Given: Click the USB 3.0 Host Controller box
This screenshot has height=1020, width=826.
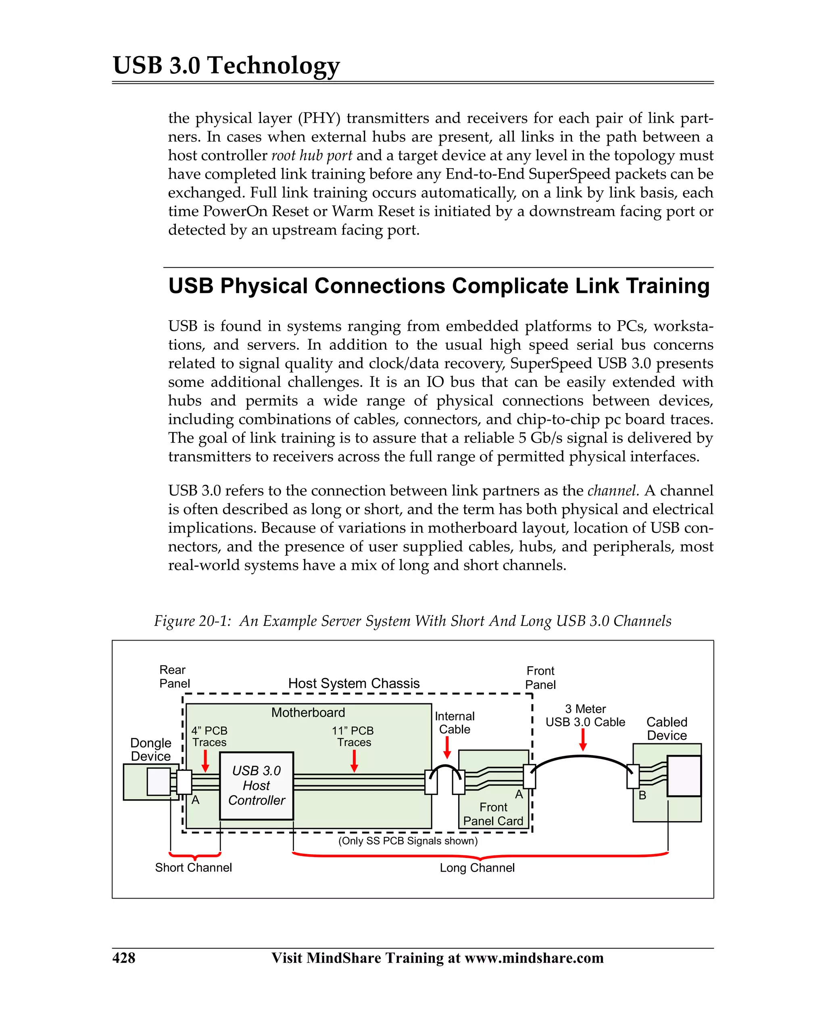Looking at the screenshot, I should [x=257, y=785].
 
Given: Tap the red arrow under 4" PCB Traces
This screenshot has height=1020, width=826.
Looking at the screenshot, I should [x=206, y=761].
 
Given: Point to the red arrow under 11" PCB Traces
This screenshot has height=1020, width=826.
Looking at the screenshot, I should [x=354, y=761].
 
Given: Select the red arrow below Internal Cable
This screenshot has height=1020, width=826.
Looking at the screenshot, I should [x=447, y=747].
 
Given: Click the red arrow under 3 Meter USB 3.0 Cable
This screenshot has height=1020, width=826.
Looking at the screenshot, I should [x=583, y=740].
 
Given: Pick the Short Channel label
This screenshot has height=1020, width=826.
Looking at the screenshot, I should [x=193, y=867].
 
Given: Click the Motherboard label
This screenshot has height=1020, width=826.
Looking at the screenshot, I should [x=308, y=712].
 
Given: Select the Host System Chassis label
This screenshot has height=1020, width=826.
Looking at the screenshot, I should [x=354, y=683].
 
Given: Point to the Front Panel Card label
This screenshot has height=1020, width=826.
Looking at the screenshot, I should [x=493, y=814].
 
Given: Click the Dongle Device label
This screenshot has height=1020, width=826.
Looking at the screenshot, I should [x=150, y=749].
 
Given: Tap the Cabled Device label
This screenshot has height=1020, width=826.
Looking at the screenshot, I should [x=667, y=728].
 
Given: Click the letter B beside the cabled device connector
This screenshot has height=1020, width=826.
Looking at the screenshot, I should [x=642, y=795].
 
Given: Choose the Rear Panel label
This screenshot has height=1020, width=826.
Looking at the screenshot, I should [x=174, y=676].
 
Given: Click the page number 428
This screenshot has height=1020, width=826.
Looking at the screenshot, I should [x=124, y=957].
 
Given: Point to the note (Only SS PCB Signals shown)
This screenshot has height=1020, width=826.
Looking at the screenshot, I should [x=408, y=841].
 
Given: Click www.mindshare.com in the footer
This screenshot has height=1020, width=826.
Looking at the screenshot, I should [x=534, y=957].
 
